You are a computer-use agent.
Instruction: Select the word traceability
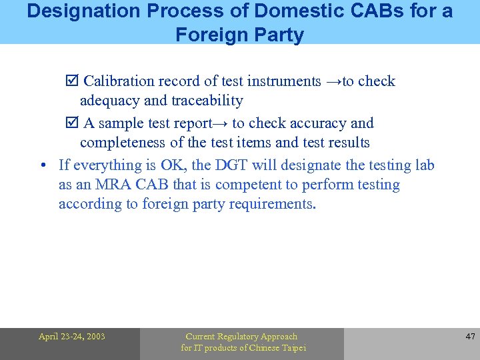[207, 101]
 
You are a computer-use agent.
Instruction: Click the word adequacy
[109, 101]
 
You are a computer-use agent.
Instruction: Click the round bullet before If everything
[42, 165]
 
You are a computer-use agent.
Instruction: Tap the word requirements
[272, 204]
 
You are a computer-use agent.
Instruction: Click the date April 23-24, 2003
[72, 337]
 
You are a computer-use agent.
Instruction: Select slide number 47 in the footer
[469, 337]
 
